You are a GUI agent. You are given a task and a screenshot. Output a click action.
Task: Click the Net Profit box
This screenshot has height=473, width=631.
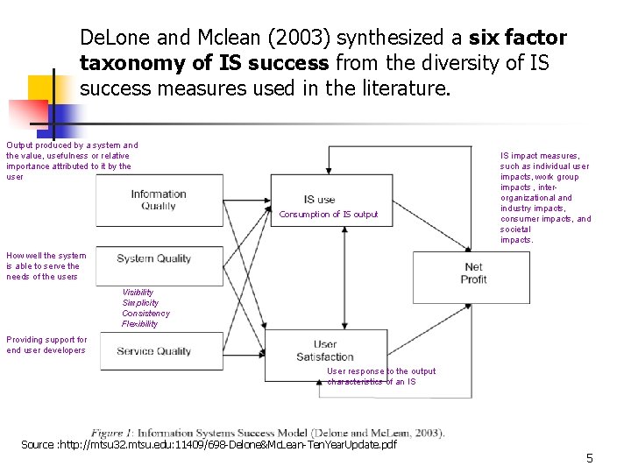coord(473,273)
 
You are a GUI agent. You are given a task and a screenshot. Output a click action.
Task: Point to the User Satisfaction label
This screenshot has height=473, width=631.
coord(324,350)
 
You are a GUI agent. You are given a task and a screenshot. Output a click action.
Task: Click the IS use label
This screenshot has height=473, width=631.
coord(319,199)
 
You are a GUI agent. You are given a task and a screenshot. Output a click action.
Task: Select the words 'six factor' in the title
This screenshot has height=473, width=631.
coord(517,39)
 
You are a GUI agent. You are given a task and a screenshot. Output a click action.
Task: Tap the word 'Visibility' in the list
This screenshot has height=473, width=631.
coord(138,293)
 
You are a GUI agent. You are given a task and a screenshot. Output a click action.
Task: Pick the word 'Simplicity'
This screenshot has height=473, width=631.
coord(140,303)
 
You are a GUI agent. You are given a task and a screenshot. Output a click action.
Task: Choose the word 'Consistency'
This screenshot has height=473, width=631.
coord(145,314)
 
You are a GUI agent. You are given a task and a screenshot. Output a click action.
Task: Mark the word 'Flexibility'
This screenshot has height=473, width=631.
coord(140,324)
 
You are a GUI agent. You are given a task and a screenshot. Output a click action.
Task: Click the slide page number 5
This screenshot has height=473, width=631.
coord(590,458)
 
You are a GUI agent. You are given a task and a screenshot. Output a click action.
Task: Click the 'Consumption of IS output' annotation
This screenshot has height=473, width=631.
coord(329,215)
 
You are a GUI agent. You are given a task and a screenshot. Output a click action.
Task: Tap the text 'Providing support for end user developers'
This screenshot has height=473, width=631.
coord(46,345)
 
